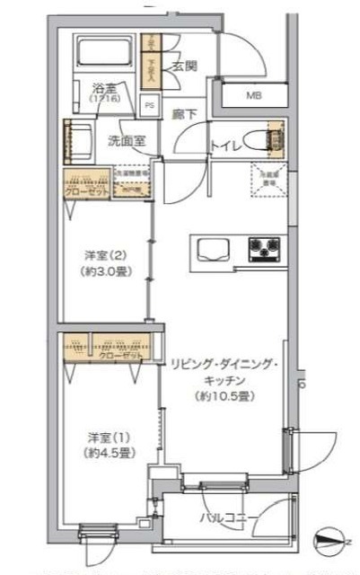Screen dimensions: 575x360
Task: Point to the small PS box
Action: [x=149, y=104]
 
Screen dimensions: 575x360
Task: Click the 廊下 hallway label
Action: [x=184, y=114]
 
